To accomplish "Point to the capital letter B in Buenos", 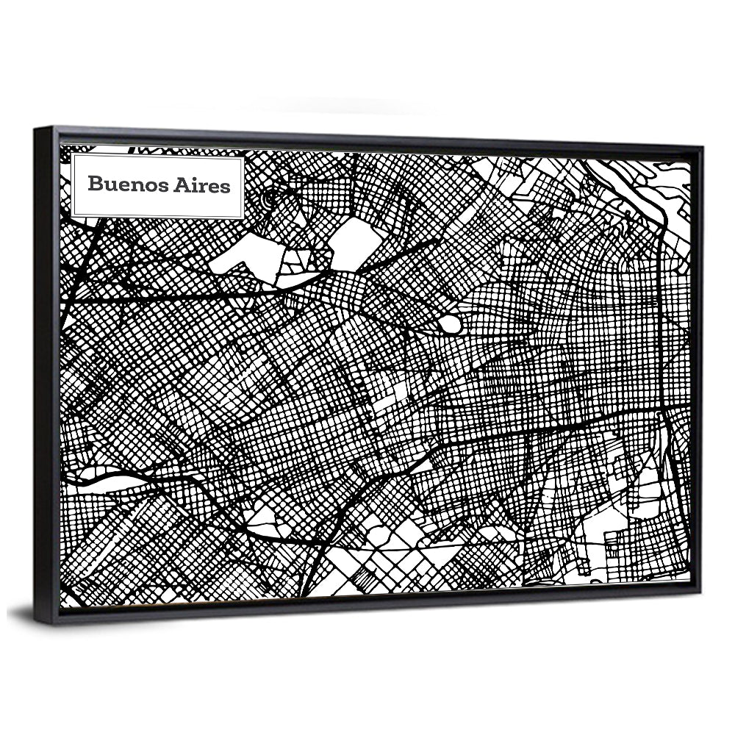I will [94, 184].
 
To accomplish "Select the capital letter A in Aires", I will [181, 184].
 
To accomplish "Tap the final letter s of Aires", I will [225, 186].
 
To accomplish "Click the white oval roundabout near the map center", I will [451, 324].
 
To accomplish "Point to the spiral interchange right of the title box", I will [270, 197].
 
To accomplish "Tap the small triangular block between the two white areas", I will [303, 257].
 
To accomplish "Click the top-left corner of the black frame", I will [36, 130].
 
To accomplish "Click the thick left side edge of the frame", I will [46, 375].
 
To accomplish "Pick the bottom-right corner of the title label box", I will [243, 218].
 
